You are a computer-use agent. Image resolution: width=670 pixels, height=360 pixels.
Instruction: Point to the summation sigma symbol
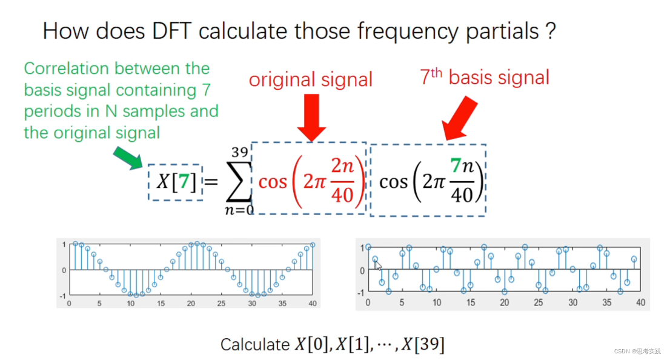click(x=239, y=182)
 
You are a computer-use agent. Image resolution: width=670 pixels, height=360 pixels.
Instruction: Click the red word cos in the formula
click(x=273, y=181)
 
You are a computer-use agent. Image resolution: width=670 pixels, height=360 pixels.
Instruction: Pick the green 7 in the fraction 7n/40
click(x=463, y=165)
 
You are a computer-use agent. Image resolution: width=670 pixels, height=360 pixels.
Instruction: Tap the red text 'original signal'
click(x=311, y=79)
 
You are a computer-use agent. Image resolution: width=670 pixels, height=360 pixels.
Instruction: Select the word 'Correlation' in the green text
click(x=66, y=68)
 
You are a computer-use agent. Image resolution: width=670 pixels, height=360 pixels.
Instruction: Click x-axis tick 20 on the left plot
click(x=191, y=303)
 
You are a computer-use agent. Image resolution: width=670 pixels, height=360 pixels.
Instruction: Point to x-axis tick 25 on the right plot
click(x=539, y=302)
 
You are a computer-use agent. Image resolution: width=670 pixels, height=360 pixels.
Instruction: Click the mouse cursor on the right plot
click(x=377, y=265)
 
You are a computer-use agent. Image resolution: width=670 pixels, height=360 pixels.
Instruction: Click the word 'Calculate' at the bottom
click(x=255, y=345)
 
